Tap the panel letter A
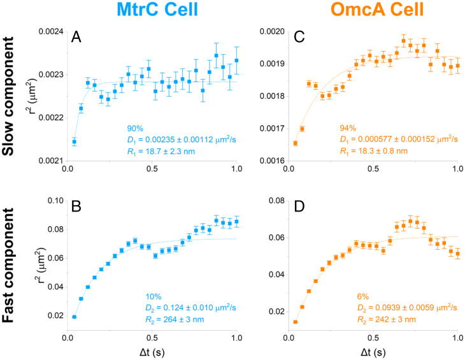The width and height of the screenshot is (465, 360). tap(75, 38)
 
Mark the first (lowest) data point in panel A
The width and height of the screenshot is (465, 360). tap(74, 141)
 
